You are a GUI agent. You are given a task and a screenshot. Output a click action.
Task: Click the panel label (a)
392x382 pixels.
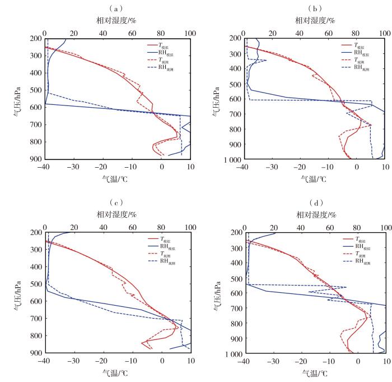(x=117, y=8)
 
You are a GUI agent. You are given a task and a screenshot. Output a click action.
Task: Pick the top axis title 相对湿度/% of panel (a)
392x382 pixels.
(x=117, y=20)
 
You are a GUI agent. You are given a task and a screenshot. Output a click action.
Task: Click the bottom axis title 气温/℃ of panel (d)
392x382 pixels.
(x=314, y=372)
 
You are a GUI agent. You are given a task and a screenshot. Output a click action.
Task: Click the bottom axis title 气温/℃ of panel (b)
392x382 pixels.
(x=314, y=178)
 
